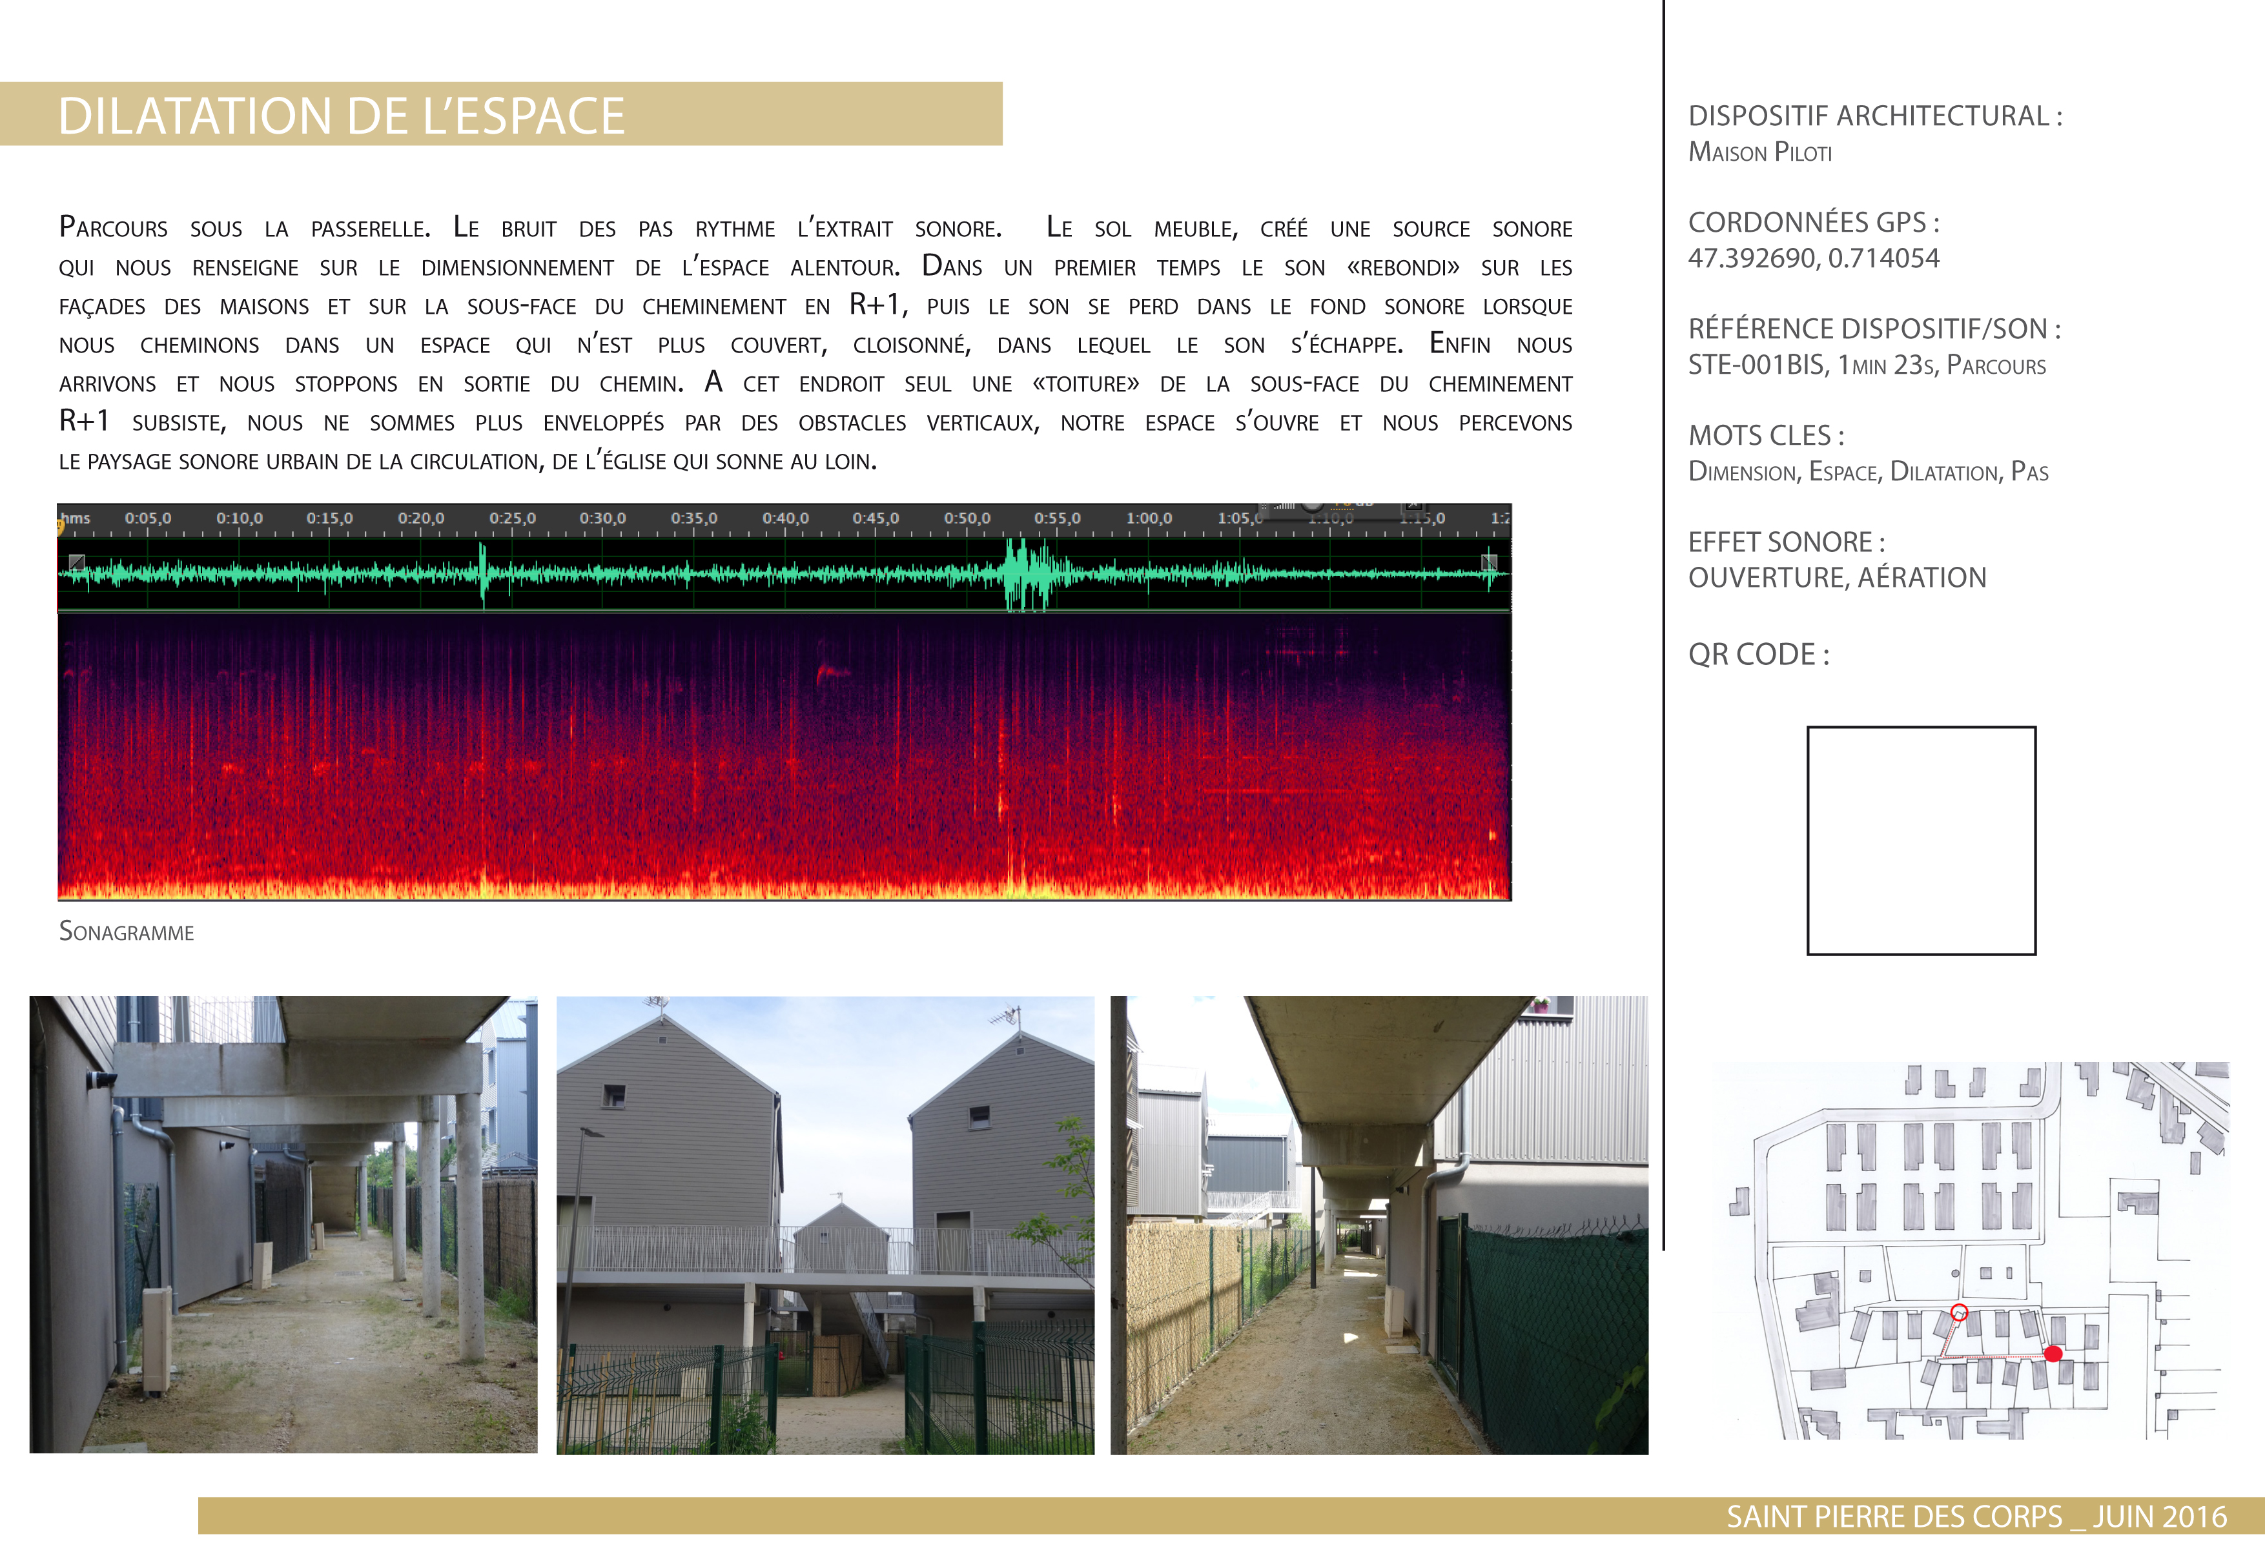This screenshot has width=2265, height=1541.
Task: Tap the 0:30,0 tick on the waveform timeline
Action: click(x=602, y=518)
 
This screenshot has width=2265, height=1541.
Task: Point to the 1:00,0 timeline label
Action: click(x=1149, y=518)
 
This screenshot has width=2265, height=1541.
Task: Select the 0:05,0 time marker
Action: click(x=147, y=518)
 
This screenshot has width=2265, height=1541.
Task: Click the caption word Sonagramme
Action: click(x=127, y=932)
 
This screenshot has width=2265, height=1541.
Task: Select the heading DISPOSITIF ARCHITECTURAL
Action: click(x=1874, y=116)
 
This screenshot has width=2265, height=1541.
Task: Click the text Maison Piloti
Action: click(x=1759, y=152)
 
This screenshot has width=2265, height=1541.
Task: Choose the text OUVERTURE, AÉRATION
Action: click(x=1836, y=578)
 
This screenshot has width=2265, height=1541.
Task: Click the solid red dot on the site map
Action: click(x=2053, y=1353)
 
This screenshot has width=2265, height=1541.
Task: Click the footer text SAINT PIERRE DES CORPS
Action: click(x=1894, y=1516)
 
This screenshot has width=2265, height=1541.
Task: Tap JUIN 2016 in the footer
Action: click(x=2160, y=1516)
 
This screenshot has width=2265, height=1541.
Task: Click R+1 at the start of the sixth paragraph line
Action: click(x=84, y=421)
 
